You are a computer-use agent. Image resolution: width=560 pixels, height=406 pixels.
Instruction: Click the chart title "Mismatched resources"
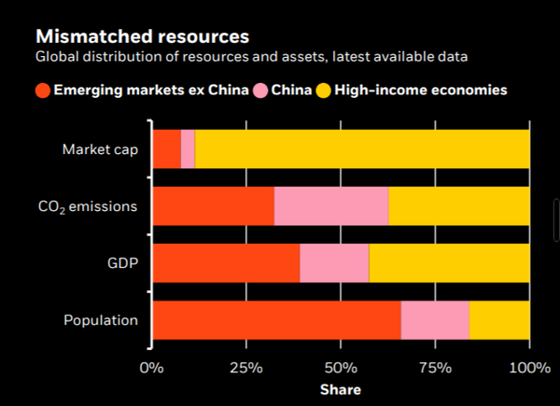(x=142, y=37)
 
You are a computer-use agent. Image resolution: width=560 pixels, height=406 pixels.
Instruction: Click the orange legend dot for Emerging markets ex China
(x=42, y=91)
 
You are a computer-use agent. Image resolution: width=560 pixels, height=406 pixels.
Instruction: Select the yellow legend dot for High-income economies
(x=325, y=91)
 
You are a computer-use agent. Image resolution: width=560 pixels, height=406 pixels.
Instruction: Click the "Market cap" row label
(x=100, y=148)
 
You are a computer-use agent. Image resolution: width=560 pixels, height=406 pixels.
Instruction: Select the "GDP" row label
(x=122, y=263)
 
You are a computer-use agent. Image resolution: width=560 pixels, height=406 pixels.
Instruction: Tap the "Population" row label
(x=101, y=320)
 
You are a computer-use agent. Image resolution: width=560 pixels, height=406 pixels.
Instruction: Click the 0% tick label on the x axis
(x=151, y=367)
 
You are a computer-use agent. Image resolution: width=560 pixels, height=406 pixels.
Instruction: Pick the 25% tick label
(x=246, y=367)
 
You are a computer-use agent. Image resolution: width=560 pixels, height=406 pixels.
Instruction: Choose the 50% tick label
(x=341, y=367)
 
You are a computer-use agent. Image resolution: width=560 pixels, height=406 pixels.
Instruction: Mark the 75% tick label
(x=435, y=367)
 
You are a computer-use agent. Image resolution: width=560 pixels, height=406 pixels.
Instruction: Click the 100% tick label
(x=529, y=367)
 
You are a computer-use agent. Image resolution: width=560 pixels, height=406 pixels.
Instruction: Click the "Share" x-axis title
(x=341, y=389)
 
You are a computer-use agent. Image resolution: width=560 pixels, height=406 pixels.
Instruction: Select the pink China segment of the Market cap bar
(x=188, y=148)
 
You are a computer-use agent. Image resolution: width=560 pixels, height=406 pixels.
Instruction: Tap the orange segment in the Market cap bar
(x=166, y=148)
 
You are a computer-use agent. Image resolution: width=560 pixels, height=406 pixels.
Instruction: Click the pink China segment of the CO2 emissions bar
(x=331, y=206)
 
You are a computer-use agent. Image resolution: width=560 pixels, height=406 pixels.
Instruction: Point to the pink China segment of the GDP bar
(x=334, y=263)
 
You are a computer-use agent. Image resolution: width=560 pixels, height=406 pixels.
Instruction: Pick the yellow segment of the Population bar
(x=499, y=320)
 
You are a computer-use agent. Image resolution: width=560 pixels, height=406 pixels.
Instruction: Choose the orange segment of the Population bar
(x=276, y=320)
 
